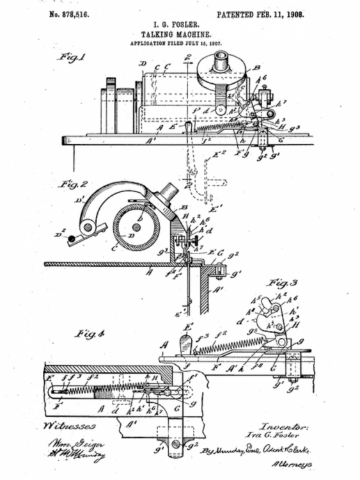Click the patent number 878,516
tap(72, 14)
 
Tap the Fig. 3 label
tap(285, 282)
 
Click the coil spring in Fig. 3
tap(228, 346)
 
